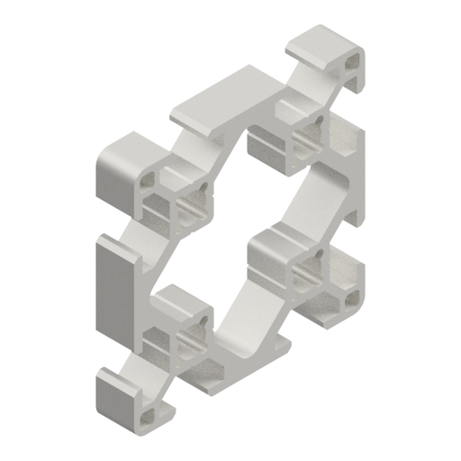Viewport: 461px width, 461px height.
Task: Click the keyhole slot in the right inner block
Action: tap(312, 267)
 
